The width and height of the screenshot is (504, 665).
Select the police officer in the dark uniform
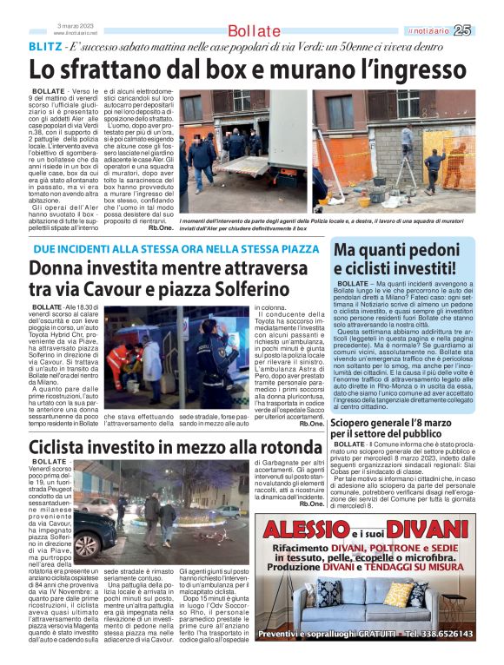point(202,352)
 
